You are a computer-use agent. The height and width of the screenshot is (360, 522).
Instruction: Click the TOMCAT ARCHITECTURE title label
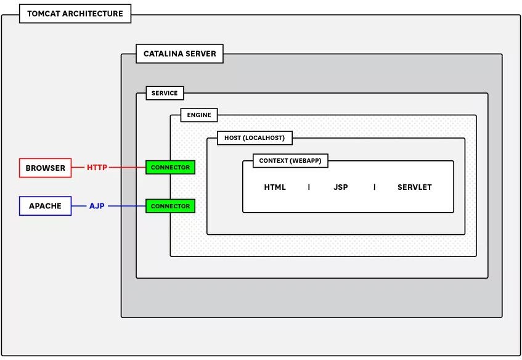click(75, 14)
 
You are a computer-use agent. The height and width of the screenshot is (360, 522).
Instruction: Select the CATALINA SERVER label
click(179, 54)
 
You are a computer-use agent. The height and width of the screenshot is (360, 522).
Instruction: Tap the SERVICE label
click(165, 93)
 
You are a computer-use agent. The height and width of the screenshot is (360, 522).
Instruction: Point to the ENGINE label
click(199, 115)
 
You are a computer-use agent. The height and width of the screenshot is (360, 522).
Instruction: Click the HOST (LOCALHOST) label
click(255, 138)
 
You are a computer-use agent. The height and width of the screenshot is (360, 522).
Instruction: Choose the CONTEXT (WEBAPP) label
click(290, 161)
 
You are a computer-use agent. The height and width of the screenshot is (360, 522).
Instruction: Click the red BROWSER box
click(45, 168)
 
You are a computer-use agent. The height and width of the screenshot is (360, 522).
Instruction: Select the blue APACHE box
click(45, 206)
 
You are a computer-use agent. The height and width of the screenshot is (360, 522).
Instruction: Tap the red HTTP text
click(97, 168)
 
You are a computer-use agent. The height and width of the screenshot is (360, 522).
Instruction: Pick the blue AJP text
click(97, 206)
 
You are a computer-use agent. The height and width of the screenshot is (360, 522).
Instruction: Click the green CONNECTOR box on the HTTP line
click(170, 168)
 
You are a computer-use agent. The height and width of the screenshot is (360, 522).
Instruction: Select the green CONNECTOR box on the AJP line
click(170, 206)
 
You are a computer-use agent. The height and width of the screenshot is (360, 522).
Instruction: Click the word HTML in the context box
click(275, 187)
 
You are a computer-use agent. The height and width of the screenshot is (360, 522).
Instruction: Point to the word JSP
click(341, 187)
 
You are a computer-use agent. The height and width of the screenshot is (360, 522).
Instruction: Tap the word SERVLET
click(415, 187)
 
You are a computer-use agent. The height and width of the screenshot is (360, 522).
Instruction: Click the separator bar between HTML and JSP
click(309, 187)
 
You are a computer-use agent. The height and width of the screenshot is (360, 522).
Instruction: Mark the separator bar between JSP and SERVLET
click(374, 187)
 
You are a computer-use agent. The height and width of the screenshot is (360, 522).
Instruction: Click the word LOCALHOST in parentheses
click(266, 138)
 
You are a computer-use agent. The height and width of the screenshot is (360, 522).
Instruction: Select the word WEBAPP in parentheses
click(306, 161)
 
